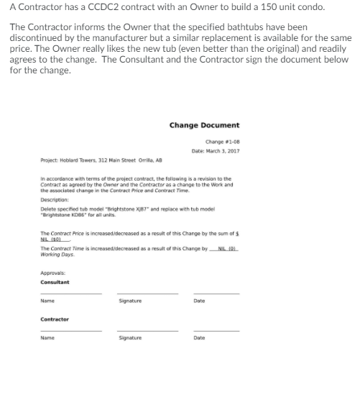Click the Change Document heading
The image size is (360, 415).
(x=204, y=125)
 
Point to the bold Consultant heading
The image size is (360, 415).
(x=55, y=282)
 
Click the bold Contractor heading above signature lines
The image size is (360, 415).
(x=55, y=319)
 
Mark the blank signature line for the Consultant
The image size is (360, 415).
(x=147, y=293)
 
